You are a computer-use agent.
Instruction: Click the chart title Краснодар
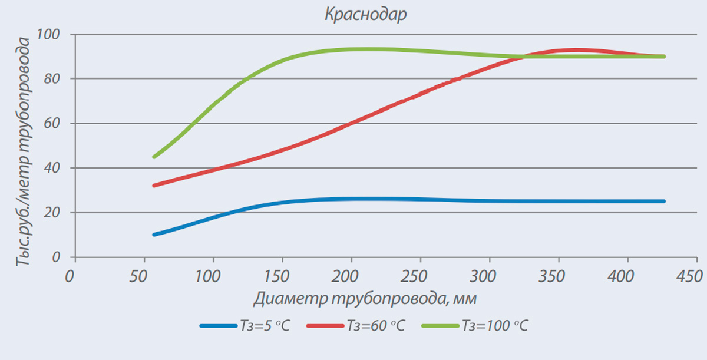pos(365,15)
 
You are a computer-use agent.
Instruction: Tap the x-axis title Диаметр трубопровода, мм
pos(365,299)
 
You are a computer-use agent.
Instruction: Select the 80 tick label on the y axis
pos(52,79)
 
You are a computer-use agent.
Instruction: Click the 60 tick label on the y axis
pos(52,123)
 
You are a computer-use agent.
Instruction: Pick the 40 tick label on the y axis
pos(52,168)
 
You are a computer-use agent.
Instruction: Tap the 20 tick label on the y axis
pos(52,213)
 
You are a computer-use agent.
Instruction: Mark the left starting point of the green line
pos(154,157)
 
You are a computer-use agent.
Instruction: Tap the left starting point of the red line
pos(154,186)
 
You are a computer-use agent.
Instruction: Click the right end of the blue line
pos(664,202)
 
